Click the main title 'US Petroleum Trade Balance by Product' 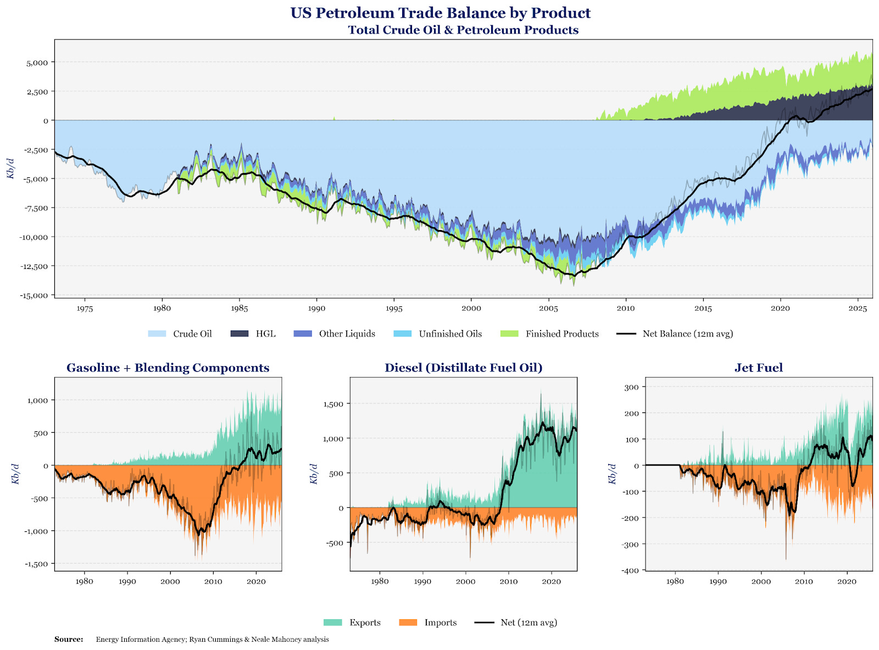[440, 13]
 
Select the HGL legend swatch [239, 334]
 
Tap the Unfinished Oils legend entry [437, 334]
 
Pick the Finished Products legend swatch [509, 334]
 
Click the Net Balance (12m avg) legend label [688, 334]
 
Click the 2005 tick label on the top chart [548, 309]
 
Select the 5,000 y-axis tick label [37, 63]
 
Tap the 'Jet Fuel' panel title [759, 368]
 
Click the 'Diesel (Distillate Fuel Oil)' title [463, 368]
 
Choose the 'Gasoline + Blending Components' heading [168, 368]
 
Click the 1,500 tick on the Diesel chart [333, 404]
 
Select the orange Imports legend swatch [408, 622]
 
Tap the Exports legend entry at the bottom [352, 622]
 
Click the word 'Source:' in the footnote [69, 640]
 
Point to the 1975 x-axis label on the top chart [85, 309]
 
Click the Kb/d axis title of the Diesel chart [314, 474]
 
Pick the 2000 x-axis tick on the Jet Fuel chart [761, 581]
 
